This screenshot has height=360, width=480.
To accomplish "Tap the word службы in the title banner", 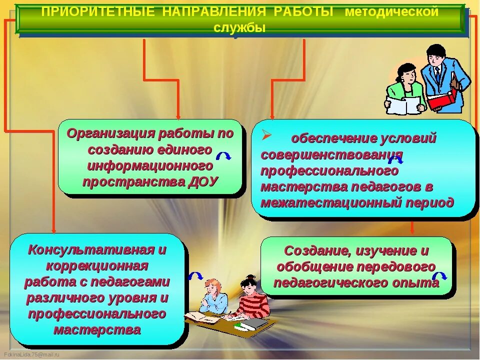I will coord(239,28).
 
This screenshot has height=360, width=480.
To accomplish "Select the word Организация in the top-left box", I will coord(110,133).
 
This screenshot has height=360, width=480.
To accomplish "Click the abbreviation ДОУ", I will coord(204,181).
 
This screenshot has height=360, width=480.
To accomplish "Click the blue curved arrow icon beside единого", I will coord(223,155).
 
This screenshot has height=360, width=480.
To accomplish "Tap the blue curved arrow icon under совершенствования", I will coord(395,159).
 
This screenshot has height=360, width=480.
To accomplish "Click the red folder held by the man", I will coord(442,98).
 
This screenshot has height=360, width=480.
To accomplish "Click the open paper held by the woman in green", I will coord(404,105).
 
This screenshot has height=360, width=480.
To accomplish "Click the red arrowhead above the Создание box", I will coord(412,231).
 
